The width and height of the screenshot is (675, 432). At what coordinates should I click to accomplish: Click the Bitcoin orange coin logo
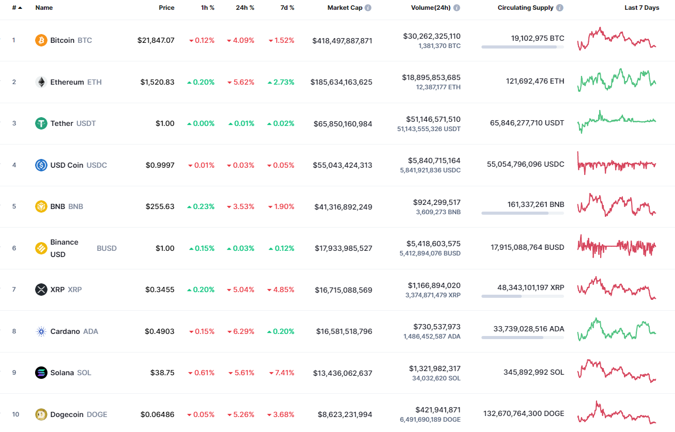[41, 40]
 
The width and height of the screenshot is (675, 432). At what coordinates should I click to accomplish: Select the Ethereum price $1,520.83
[157, 82]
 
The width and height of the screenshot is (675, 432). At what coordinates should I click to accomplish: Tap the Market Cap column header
[345, 8]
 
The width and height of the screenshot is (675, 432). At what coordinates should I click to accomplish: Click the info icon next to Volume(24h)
[457, 8]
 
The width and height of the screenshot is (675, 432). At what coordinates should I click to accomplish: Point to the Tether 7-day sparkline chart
[617, 121]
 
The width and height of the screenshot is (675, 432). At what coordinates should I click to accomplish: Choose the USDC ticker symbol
[97, 165]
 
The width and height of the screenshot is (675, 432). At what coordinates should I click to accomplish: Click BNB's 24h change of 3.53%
[240, 206]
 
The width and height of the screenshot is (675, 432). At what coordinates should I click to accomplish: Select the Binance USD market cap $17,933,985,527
[343, 248]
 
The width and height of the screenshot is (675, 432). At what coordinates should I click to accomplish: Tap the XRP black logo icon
[41, 290]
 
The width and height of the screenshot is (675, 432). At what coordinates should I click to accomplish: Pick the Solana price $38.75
[163, 373]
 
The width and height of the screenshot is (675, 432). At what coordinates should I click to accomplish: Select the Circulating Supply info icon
[560, 8]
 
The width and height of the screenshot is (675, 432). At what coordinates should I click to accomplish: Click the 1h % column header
[208, 8]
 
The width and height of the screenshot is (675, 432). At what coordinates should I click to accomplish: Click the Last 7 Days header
[641, 8]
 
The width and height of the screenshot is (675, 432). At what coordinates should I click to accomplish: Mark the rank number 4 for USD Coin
[14, 165]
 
